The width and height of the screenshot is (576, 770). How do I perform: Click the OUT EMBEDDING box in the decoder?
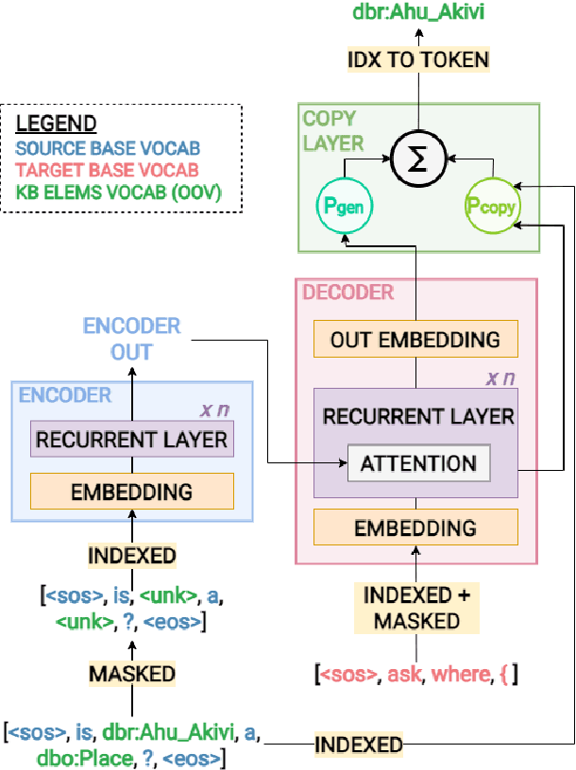click(415, 340)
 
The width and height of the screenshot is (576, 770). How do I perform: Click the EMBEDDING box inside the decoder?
click(415, 527)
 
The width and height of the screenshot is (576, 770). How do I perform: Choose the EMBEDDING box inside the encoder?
click(132, 491)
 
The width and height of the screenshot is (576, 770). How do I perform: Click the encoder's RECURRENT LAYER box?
click(132, 440)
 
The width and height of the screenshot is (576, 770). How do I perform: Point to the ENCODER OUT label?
click(132, 339)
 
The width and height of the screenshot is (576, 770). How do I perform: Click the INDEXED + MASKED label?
click(415, 608)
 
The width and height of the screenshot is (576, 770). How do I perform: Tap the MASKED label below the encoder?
click(132, 674)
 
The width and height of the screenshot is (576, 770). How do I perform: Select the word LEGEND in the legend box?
click(58, 124)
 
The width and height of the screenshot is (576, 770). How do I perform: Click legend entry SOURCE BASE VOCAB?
click(110, 147)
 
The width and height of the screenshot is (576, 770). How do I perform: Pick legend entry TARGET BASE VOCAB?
click(109, 170)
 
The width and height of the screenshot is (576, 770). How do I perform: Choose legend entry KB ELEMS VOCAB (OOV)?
click(118, 192)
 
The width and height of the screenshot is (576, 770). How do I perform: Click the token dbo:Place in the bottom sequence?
click(53, 757)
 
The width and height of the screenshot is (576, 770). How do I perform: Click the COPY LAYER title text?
click(332, 131)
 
